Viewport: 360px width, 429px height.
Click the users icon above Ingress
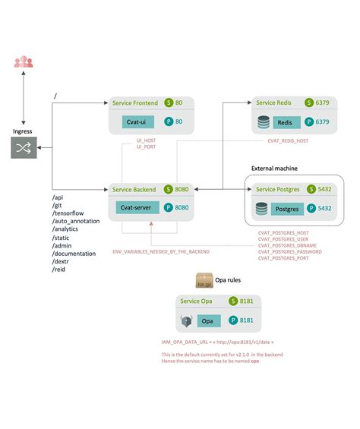[23, 62]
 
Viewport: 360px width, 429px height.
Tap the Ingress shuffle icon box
[23, 147]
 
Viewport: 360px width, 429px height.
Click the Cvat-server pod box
[137, 207]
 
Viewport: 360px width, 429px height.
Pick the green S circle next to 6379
[309, 103]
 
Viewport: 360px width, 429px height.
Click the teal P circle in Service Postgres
[309, 207]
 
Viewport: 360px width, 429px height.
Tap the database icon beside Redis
[264, 121]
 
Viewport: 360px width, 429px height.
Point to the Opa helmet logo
[186, 320]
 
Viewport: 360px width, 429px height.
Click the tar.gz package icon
[204, 282]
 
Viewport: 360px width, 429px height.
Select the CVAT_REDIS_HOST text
[288, 140]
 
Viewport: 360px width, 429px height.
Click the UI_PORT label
[146, 146]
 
